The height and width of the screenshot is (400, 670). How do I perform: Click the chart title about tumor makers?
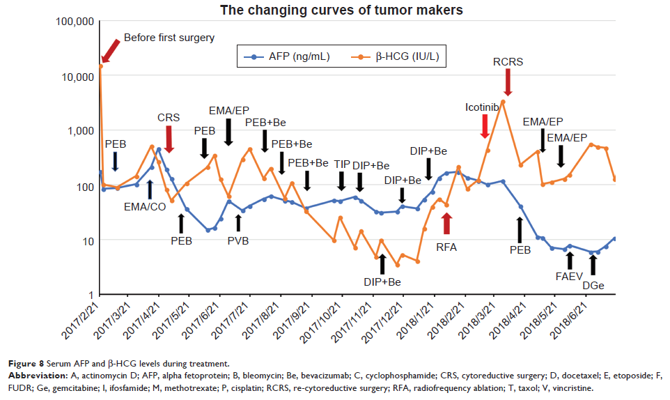pyautogui.click(x=341, y=10)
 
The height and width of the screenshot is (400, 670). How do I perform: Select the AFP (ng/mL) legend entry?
pyautogui.click(x=291, y=57)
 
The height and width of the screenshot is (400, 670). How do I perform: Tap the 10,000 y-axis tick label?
pyautogui.click(x=77, y=76)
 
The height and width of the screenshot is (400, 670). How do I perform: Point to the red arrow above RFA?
pyautogui.click(x=446, y=223)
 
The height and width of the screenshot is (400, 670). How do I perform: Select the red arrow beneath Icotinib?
pyautogui.click(x=485, y=125)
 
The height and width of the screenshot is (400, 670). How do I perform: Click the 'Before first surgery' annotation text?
pyautogui.click(x=169, y=38)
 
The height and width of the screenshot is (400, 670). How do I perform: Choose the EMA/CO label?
pyautogui.click(x=144, y=206)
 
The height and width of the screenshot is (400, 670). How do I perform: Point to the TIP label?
pyautogui.click(x=342, y=164)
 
